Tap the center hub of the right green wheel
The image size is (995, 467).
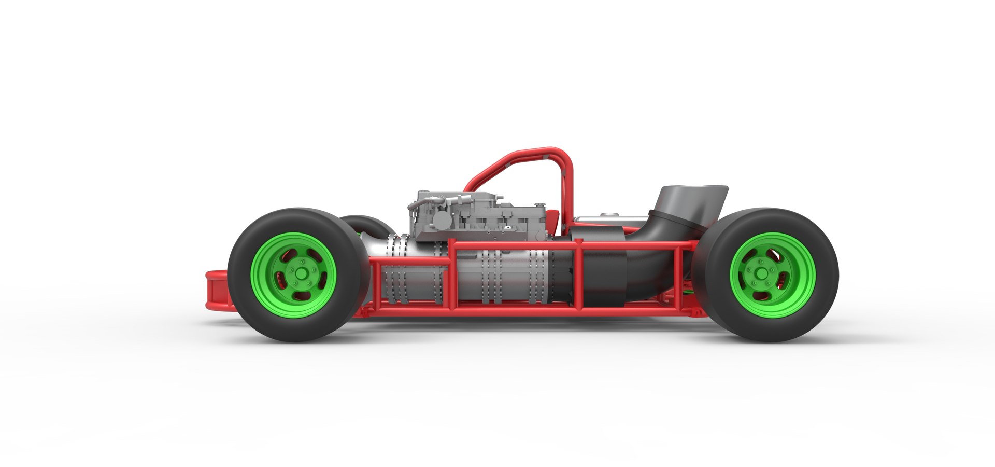pyautogui.click(x=761, y=274)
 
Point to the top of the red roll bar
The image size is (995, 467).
pyautogui.click(x=539, y=152)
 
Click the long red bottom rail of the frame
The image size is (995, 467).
pyautogui.click(x=518, y=311)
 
